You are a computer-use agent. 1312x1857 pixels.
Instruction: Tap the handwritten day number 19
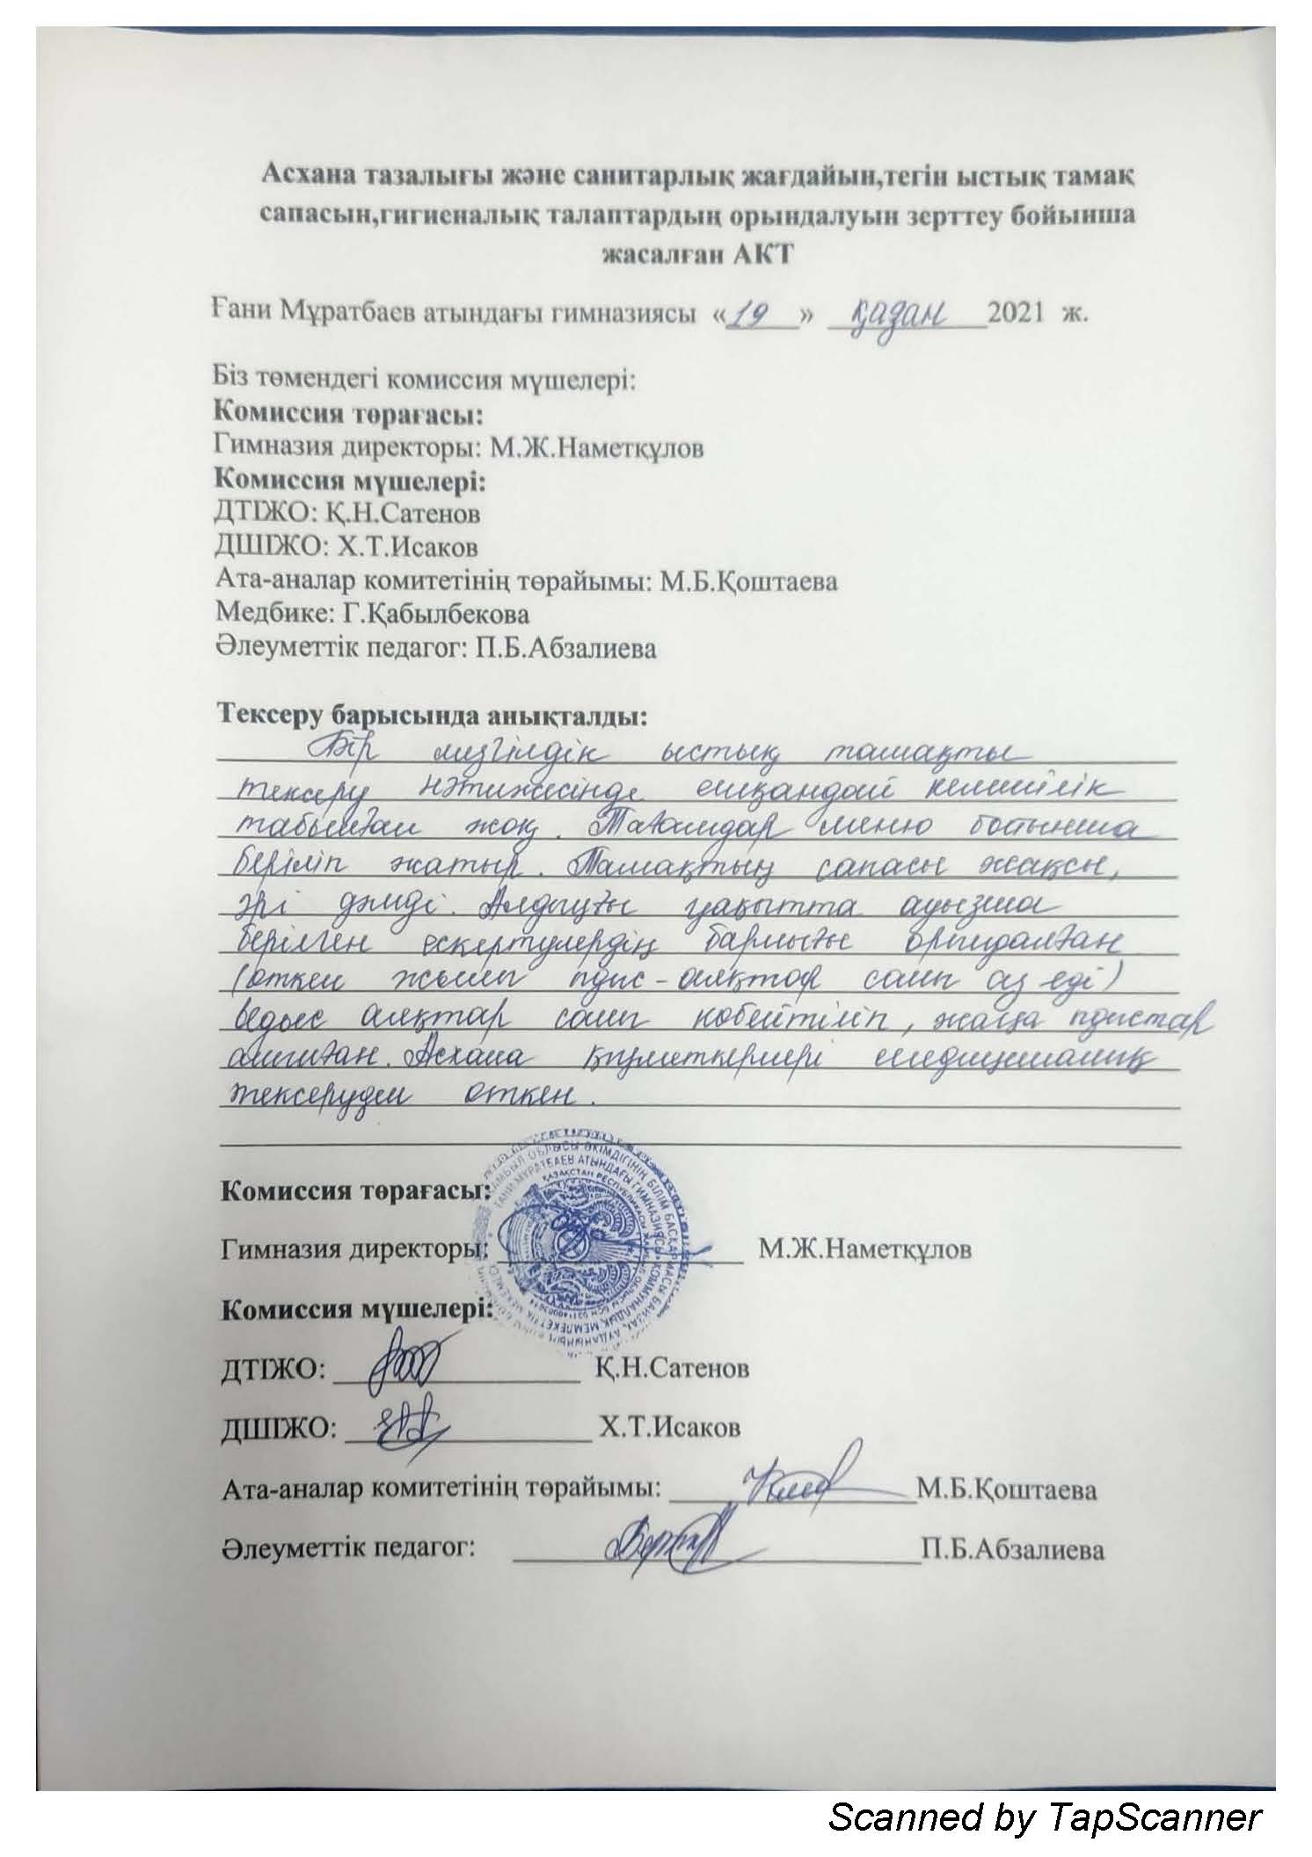tap(758, 314)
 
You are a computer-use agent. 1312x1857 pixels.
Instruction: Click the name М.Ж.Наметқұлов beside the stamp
tap(866, 1249)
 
